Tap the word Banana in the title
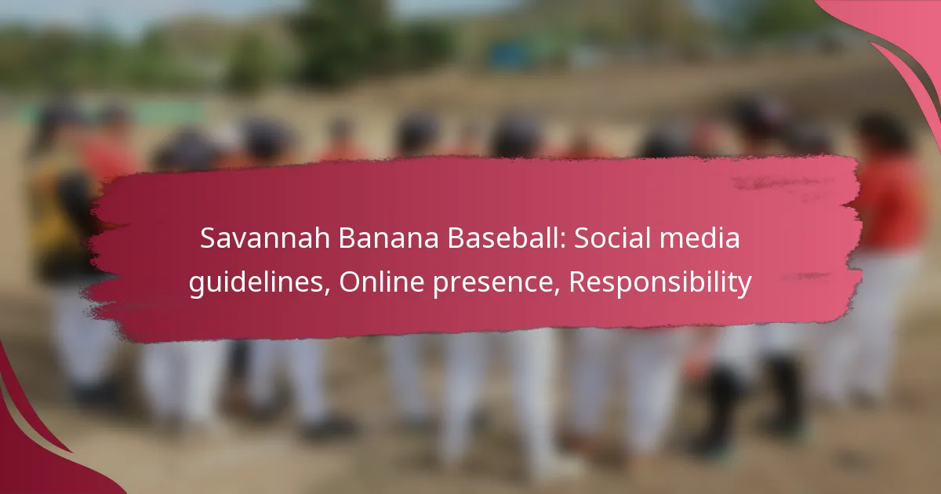click(x=388, y=238)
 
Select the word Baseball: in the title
click(x=507, y=238)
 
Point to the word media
click(x=699, y=238)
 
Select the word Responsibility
click(x=660, y=282)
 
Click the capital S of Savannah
click(x=208, y=238)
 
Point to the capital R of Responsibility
click(x=577, y=282)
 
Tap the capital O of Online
click(x=350, y=282)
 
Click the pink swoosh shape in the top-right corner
click(x=903, y=46)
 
